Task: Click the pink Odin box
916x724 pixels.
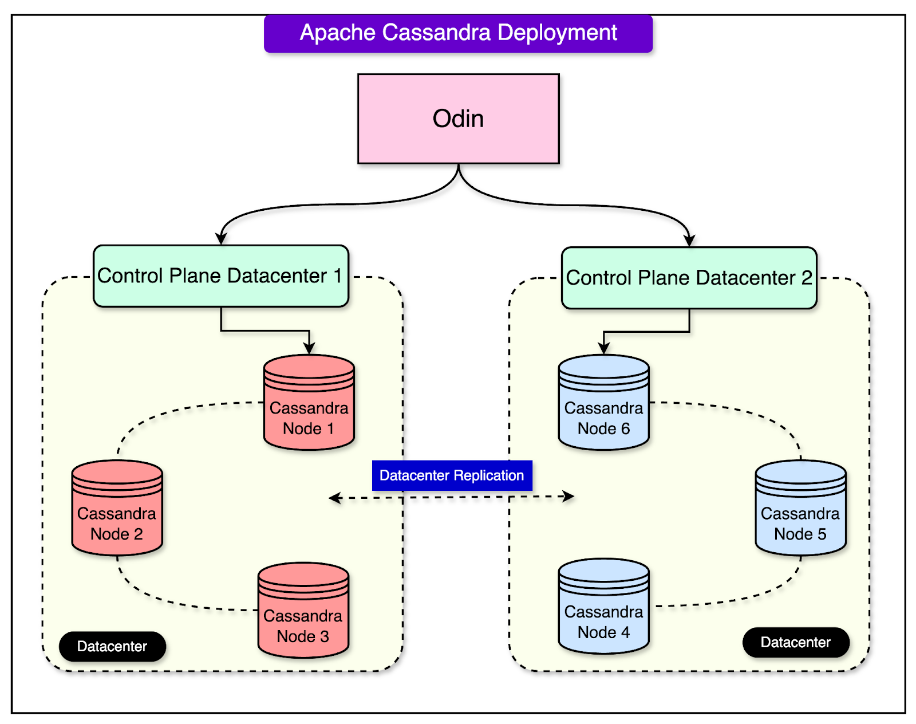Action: pyautogui.click(x=458, y=119)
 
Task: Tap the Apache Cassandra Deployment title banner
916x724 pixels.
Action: pyautogui.click(x=458, y=33)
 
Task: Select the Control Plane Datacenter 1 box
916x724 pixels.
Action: pyautogui.click(x=221, y=276)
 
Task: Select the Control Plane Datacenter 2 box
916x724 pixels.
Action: pyautogui.click(x=689, y=278)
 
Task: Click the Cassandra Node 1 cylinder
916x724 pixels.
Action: pyautogui.click(x=309, y=403)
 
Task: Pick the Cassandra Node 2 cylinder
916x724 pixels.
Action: pyautogui.click(x=117, y=507)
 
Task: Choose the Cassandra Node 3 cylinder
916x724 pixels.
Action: pyautogui.click(x=303, y=610)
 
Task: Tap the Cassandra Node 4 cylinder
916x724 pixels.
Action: pyautogui.click(x=603, y=606)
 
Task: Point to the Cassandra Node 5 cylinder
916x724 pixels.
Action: pyautogui.click(x=800, y=507)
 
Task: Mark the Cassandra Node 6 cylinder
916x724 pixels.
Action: pyautogui.click(x=603, y=403)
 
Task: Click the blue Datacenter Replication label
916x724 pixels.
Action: pyautogui.click(x=452, y=475)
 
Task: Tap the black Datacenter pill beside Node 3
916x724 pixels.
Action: pyautogui.click(x=112, y=646)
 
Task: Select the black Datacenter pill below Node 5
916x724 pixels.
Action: pyautogui.click(x=796, y=642)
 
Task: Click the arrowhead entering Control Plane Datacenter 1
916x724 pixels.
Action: pyautogui.click(x=220, y=238)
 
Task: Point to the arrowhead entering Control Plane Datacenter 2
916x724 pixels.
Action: pyautogui.click(x=689, y=240)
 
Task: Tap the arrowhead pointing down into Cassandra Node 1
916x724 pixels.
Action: pyautogui.click(x=309, y=348)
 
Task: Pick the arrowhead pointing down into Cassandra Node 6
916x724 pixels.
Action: pyautogui.click(x=603, y=348)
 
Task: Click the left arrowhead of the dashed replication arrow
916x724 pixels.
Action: pyautogui.click(x=335, y=497)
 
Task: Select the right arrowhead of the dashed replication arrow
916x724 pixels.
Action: pyautogui.click(x=568, y=496)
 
